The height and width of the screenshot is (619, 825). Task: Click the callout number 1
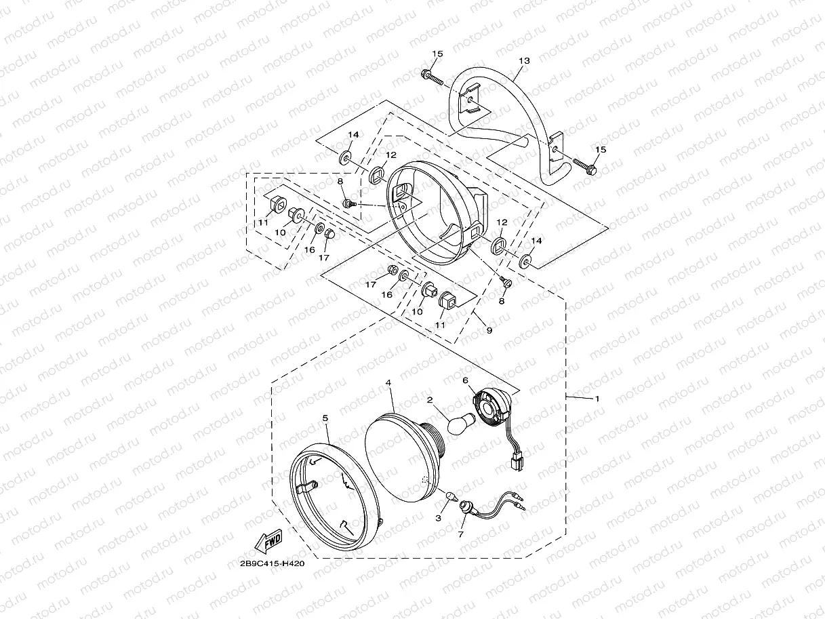click(x=597, y=399)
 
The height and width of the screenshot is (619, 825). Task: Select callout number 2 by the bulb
click(x=430, y=401)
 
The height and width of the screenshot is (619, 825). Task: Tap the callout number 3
click(x=439, y=518)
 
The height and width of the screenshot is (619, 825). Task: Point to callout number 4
click(x=388, y=383)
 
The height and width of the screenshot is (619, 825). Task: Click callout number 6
click(x=466, y=381)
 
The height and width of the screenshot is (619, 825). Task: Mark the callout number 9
click(x=489, y=330)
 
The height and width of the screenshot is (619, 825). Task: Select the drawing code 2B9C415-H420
click(x=272, y=564)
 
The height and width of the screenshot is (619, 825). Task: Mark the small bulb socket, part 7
click(x=467, y=507)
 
